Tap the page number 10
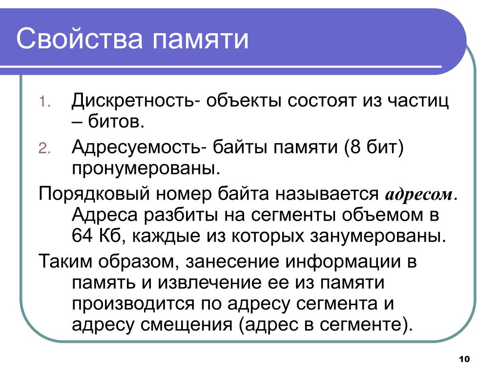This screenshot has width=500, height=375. [464, 359]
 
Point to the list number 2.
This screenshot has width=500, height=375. [44, 148]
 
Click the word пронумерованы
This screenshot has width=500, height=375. [146, 168]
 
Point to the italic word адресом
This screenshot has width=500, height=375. [418, 194]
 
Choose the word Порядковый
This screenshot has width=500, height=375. [94, 193]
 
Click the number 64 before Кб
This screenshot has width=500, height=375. [82, 236]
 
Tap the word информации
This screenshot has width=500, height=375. [342, 262]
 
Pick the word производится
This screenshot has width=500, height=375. [133, 304]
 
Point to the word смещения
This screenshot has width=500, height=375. [186, 325]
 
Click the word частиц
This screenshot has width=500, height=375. [418, 101]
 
